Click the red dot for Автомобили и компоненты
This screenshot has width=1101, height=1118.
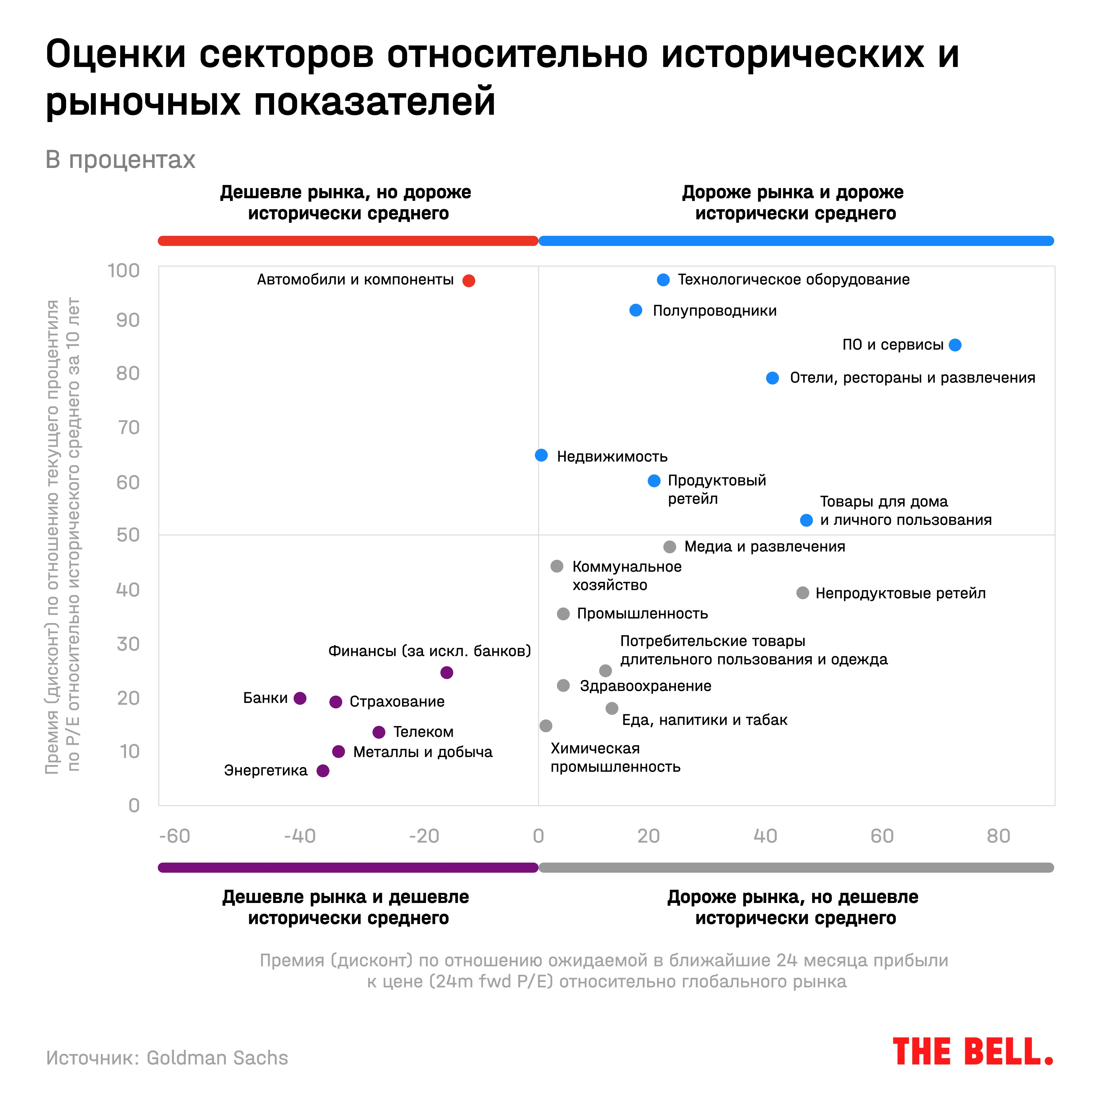(469, 280)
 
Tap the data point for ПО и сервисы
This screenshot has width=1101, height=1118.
(955, 345)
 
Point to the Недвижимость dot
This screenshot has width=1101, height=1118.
(541, 455)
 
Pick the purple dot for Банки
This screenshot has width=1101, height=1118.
(299, 698)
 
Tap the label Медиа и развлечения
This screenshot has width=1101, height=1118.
(765, 547)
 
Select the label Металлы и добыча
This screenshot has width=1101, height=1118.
(423, 752)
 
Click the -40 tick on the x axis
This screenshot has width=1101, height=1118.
(299, 836)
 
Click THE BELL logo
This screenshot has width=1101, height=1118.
(973, 1052)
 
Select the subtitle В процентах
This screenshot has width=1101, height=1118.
(120, 160)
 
